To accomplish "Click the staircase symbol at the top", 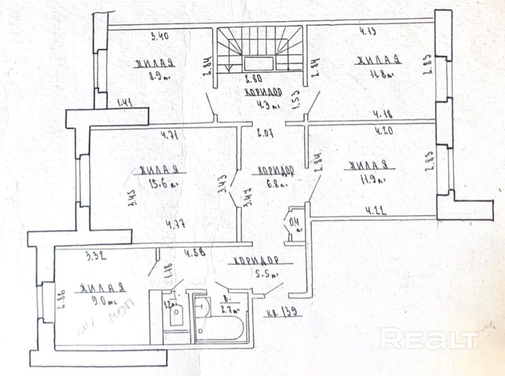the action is pyautogui.click(x=260, y=50).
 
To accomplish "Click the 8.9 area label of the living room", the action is pyautogui.click(x=159, y=77).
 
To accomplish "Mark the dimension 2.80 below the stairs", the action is pyautogui.click(x=255, y=78).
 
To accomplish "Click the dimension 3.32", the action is pyautogui.click(x=96, y=257).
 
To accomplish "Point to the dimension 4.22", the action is pyautogui.click(x=377, y=210).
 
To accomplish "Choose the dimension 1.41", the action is pyautogui.click(x=124, y=103).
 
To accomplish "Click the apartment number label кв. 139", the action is pyautogui.click(x=283, y=314).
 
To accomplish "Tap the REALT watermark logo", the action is pyautogui.click(x=429, y=339).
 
